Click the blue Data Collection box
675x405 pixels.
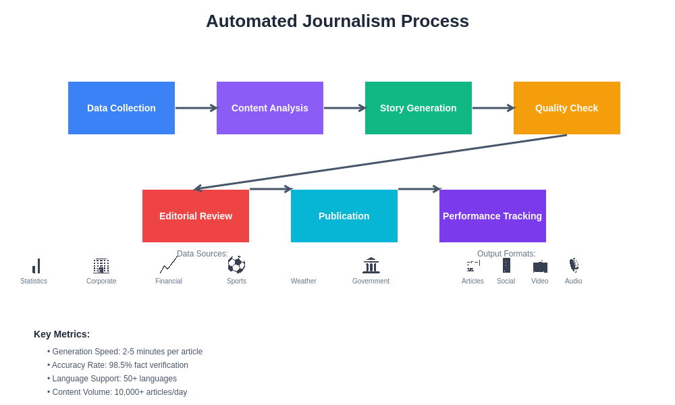tap(122, 108)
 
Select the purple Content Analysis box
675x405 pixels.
tap(270, 108)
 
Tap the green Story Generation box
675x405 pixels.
tap(418, 108)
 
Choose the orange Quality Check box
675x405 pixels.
tap(567, 108)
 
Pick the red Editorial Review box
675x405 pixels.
tap(196, 216)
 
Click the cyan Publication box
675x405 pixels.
tap(344, 216)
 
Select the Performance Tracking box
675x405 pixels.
tap(493, 216)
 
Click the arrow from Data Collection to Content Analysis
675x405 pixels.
tap(196, 108)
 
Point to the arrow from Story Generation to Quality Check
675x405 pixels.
tap(493, 108)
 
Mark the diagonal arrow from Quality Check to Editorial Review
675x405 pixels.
tap(381, 162)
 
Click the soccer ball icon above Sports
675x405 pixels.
tap(236, 265)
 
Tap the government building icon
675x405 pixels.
tap(371, 265)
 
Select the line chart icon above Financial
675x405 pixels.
tap(169, 265)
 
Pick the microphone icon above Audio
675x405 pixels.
tap(574, 265)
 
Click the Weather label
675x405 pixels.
tap(304, 281)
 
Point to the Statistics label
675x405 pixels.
tap(34, 281)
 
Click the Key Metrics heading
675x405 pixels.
tap(61, 334)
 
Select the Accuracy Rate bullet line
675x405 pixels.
tap(120, 365)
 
